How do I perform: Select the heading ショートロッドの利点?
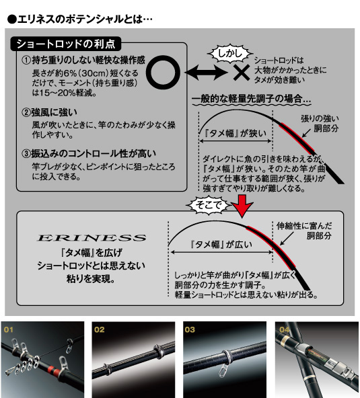[x=65, y=44]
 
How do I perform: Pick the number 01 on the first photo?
[x=9, y=330]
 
